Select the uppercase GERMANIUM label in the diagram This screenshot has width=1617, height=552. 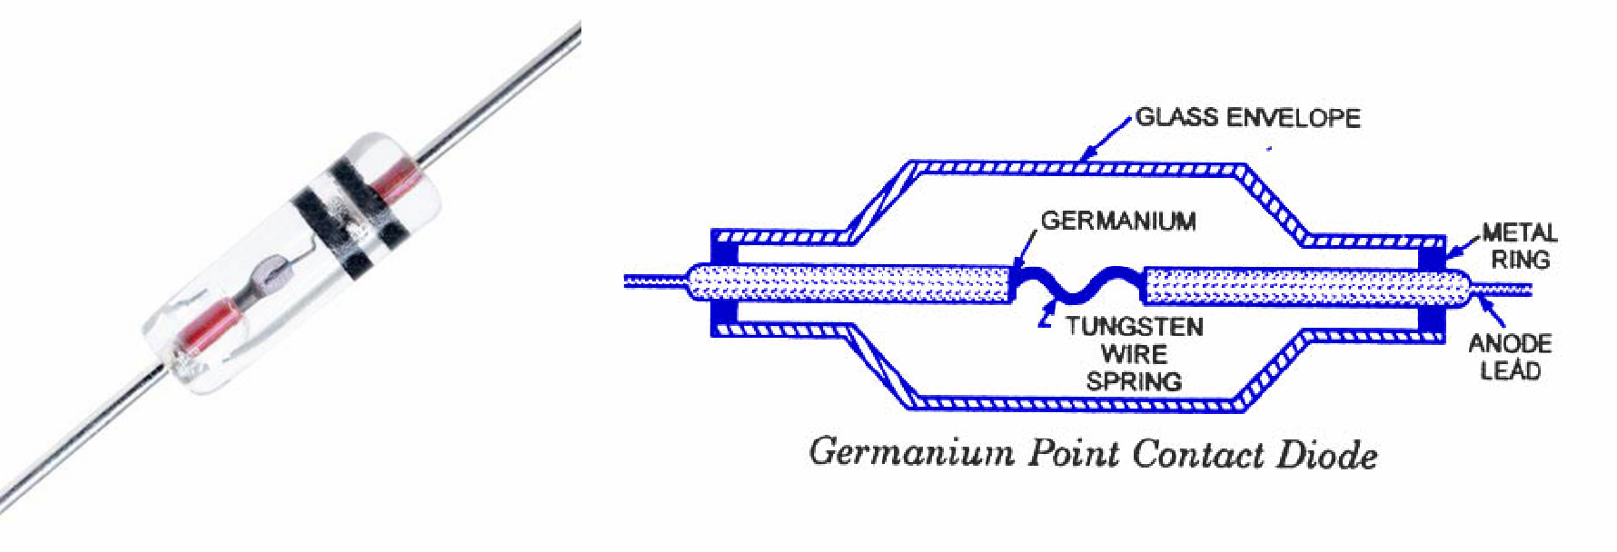[1118, 221]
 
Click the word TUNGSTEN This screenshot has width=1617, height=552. [1135, 326]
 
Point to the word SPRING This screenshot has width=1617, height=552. [1135, 380]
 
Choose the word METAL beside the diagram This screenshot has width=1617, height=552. [1520, 233]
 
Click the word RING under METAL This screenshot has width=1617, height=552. [1520, 260]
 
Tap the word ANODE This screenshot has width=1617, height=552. [1510, 343]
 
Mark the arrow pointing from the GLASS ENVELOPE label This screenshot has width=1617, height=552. [1105, 141]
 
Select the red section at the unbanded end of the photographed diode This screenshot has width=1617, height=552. [209, 326]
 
